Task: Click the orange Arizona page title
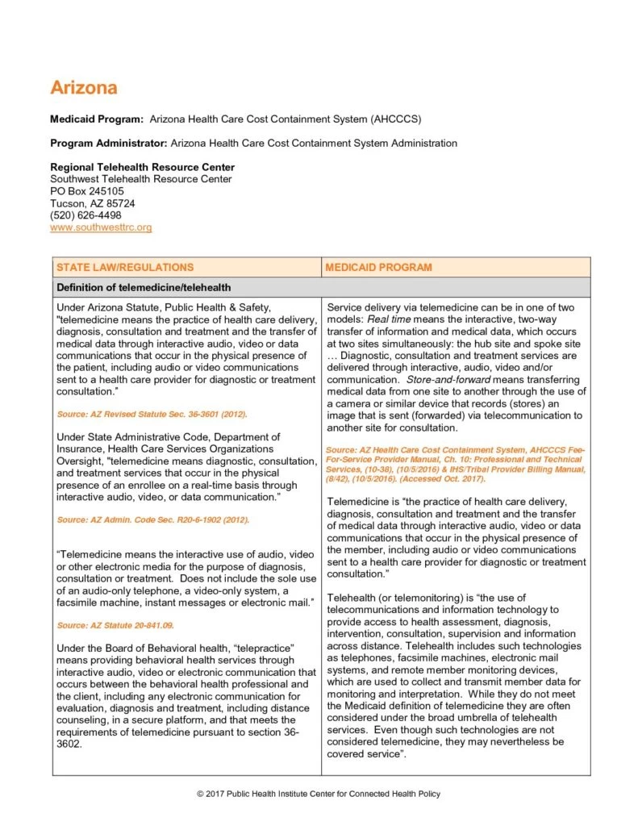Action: (83, 87)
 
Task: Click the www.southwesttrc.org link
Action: (101, 227)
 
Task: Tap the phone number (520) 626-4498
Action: (85, 215)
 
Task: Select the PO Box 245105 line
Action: (87, 191)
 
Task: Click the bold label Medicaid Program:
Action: (97, 119)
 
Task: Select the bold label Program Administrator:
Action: (108, 143)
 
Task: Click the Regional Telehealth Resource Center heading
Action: (142, 167)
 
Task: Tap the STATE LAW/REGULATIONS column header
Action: (125, 267)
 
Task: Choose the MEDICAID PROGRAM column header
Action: (378, 267)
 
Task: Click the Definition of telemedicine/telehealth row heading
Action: (144, 287)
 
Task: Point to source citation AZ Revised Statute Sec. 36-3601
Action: (152, 414)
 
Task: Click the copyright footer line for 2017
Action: (319, 795)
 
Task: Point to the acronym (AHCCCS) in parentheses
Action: (396, 119)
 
